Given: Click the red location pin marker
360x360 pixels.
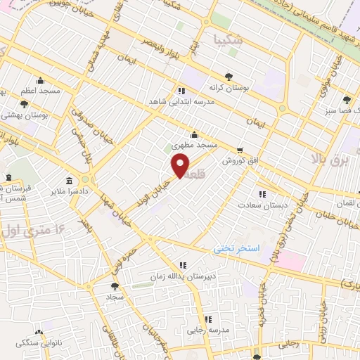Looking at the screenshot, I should [x=180, y=166].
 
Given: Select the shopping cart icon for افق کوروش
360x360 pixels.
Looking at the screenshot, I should [x=240, y=150].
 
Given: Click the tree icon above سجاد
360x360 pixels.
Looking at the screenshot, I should [x=115, y=286].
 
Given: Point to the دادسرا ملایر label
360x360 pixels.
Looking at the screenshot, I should [x=69, y=191].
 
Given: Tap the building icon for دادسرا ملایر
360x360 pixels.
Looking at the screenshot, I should [x=69, y=180].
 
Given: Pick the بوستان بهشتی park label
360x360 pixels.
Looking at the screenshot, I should [x=24, y=114].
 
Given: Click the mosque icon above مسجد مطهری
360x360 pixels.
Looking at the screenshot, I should [x=194, y=134].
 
